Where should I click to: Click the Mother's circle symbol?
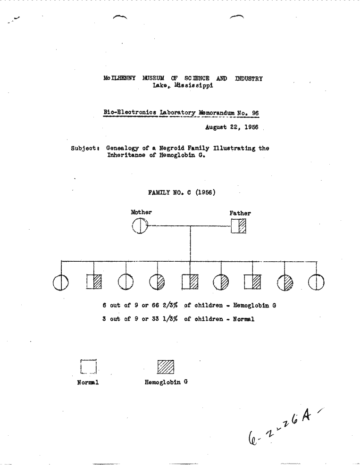140,226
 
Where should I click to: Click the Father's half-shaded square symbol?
239,226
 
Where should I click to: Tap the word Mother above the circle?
141,212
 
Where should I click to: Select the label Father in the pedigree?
240,213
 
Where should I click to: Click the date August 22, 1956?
232,127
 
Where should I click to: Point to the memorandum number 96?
255,113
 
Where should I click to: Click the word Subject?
84,148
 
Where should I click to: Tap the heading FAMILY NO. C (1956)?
182,192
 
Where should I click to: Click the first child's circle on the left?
61,282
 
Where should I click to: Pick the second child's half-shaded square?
94,282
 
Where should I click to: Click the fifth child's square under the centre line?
190,282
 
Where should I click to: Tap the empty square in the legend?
88,366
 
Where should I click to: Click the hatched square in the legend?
166,367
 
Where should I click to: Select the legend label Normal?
88,382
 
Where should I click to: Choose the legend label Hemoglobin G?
166,382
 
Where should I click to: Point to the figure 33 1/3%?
165,319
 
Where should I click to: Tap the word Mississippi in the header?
194,85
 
